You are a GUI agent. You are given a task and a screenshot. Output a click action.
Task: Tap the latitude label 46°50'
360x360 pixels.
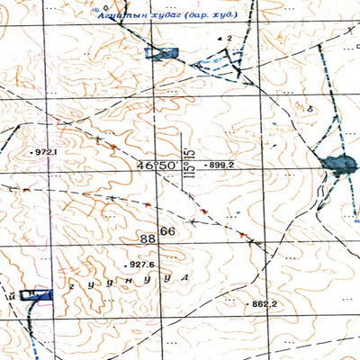(157, 166)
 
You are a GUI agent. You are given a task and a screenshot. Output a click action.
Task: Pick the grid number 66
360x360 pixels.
(167, 232)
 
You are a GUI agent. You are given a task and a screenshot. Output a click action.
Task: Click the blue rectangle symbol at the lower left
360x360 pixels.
(38, 292)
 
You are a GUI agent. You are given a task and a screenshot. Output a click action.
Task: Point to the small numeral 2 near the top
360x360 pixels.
(230, 39)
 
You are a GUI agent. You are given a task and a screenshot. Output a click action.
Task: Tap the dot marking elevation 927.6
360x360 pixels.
(125, 266)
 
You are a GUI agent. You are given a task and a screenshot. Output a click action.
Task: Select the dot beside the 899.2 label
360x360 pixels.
(203, 166)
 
